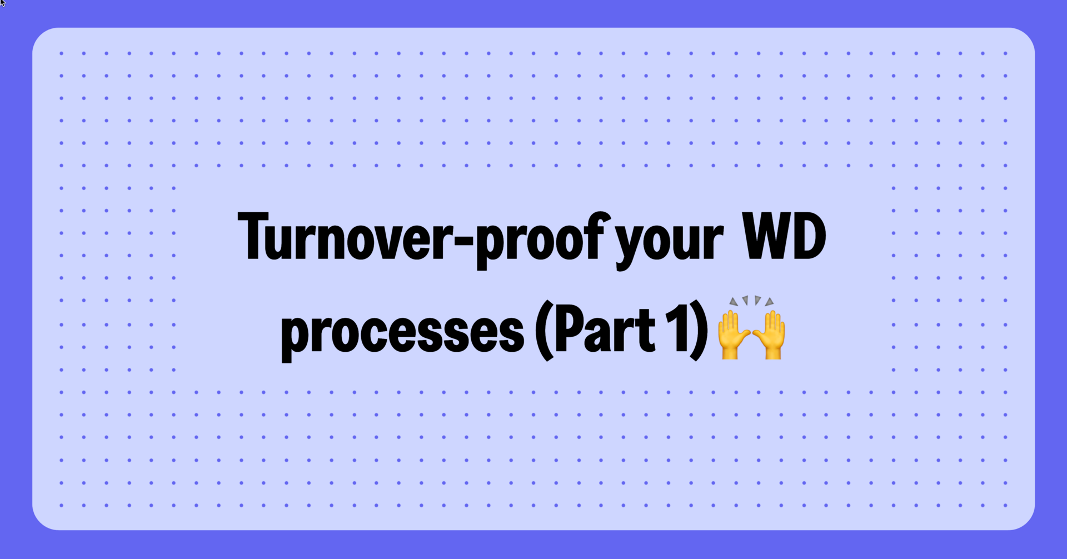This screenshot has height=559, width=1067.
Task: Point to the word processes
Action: coord(402,332)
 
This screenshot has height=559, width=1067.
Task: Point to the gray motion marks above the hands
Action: coord(751,301)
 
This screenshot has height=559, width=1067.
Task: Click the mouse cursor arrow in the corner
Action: coord(3,3)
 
